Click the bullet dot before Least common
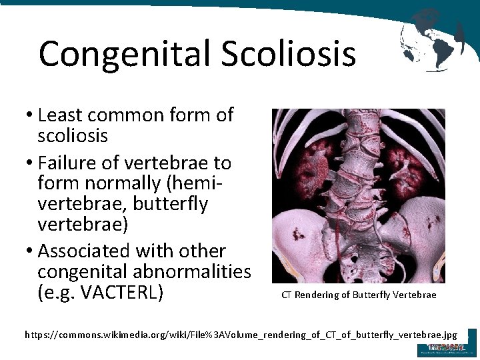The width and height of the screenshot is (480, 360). click(x=31, y=116)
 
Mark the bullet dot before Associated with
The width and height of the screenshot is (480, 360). click(x=31, y=252)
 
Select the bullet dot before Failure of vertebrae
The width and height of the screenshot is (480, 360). click(x=31, y=163)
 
